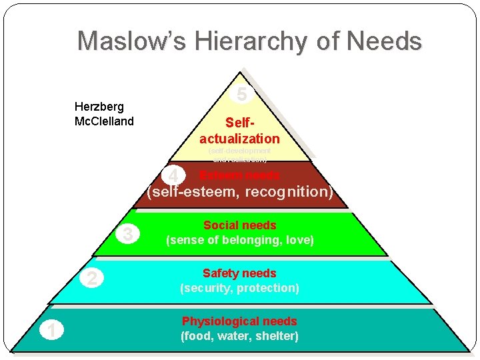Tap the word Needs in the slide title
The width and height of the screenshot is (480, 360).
point(385,41)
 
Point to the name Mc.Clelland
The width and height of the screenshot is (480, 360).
point(104,121)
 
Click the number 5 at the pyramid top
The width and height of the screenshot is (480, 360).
point(242,95)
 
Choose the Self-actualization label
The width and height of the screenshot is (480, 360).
point(239,131)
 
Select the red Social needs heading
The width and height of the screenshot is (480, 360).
point(239,225)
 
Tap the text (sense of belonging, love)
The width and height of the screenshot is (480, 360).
point(239,240)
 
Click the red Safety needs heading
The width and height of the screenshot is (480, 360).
point(239,273)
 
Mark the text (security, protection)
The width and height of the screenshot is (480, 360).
point(239,288)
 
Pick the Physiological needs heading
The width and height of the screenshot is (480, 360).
point(239,321)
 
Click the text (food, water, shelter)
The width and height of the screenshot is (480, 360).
point(239,336)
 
